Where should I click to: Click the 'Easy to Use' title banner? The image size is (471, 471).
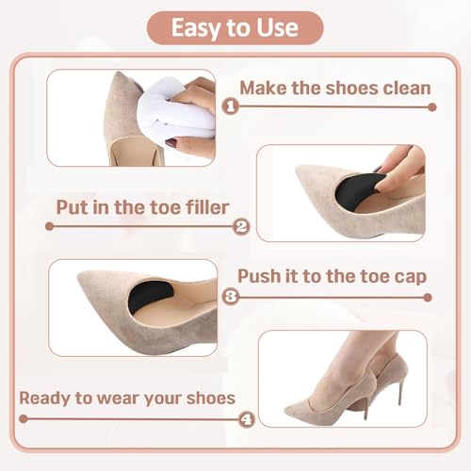[x=235, y=27]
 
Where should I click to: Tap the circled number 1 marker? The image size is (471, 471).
[x=231, y=106]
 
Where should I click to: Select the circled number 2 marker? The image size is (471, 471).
[x=241, y=226]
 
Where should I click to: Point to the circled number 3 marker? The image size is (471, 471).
[x=231, y=297]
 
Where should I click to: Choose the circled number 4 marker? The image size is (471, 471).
[x=247, y=419]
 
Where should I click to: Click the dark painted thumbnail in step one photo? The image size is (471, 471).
[x=171, y=143]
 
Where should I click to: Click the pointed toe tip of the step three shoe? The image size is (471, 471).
[x=79, y=275]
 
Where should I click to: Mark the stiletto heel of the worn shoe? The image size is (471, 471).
[x=400, y=389]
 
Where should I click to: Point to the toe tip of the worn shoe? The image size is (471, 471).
[x=286, y=412]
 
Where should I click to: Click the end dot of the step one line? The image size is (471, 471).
[x=432, y=107]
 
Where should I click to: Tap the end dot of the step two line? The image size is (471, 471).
[x=49, y=226]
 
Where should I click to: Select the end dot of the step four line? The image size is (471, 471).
[x=24, y=418]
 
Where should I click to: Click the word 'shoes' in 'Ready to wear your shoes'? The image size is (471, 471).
[x=211, y=398]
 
